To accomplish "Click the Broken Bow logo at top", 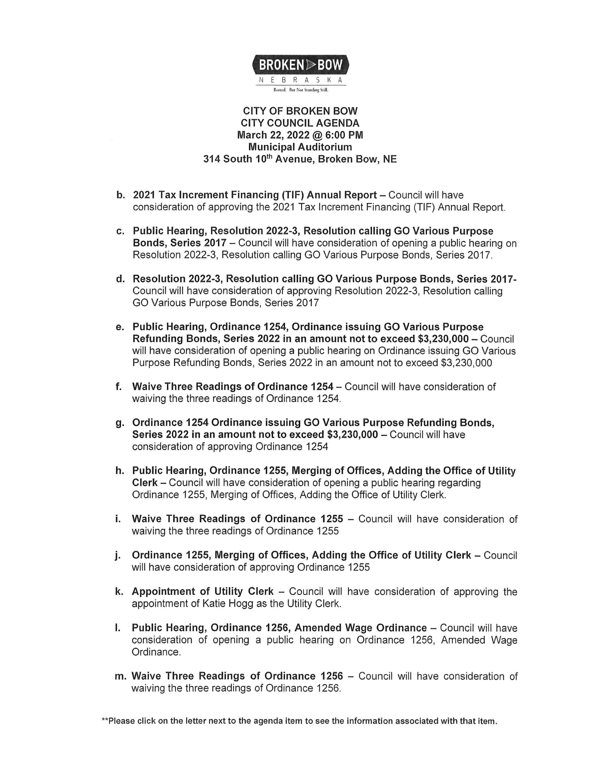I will coord(300,65).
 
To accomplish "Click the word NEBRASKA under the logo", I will coord(300,80).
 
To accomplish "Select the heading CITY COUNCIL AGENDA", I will coord(300,123).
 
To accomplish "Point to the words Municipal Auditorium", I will coord(300,147).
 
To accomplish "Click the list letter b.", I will coord(120,195).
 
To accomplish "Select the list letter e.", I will coord(120,327).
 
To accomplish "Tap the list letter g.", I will coord(120,423).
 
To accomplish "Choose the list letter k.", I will coord(119,592).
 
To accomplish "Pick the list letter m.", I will coord(121,676).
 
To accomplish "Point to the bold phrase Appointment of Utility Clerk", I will coord(203,592).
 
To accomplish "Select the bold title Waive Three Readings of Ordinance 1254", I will coord(232,386).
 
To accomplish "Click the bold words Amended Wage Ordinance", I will coord(361,627).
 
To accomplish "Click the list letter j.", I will coord(118,556).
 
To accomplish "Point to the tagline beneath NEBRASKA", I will coord(300,90).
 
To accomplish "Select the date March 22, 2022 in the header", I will coord(274,135).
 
